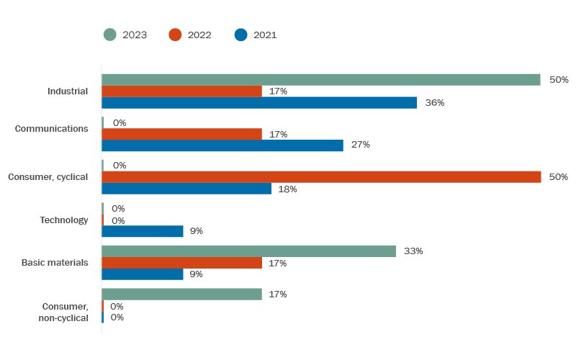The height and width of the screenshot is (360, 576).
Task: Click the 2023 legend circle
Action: (x=109, y=35)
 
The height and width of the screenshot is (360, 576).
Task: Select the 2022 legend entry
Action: (x=190, y=35)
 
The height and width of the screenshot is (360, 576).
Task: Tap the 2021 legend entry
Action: (x=256, y=35)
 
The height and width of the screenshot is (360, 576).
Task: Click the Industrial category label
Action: (x=68, y=91)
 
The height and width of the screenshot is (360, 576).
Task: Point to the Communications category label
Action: (x=52, y=129)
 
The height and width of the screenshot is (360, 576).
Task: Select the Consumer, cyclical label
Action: (x=48, y=177)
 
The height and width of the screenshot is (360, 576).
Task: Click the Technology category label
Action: (x=64, y=220)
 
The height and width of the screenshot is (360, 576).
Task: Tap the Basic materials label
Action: (x=55, y=263)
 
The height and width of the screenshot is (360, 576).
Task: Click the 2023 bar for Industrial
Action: (x=320, y=80)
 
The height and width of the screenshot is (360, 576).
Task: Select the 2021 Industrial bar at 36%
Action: (x=259, y=103)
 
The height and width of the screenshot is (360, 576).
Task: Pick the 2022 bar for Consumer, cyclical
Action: (x=321, y=177)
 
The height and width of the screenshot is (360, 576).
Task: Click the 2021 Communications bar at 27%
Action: (x=222, y=145)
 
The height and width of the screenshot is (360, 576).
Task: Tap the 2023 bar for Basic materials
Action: (x=248, y=251)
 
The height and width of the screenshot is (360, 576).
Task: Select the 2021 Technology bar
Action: (x=143, y=231)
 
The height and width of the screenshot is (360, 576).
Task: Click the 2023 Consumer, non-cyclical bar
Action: (x=181, y=294)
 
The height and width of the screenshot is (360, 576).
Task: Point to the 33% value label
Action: (x=413, y=251)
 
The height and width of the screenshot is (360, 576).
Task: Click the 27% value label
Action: (x=360, y=145)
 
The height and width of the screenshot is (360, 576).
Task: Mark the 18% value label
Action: (x=287, y=189)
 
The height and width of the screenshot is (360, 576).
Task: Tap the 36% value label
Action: (x=434, y=103)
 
